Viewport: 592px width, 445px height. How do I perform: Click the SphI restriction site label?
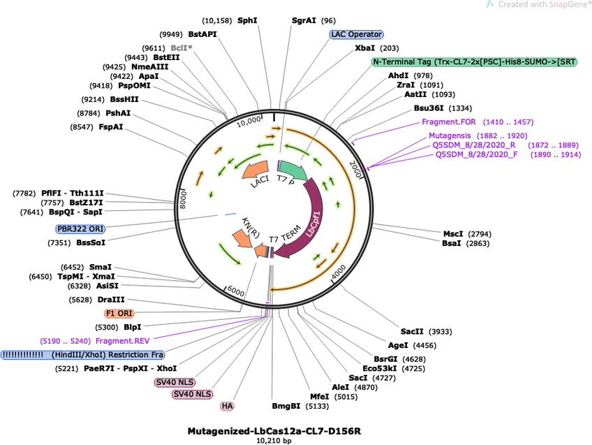[247, 20]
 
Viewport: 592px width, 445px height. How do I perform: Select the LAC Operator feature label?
[356, 34]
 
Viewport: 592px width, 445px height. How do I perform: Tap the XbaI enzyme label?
[364, 48]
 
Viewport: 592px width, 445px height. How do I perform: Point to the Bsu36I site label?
[429, 108]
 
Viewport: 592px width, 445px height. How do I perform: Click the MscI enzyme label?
[453, 233]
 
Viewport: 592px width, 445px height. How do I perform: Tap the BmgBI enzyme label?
[286, 406]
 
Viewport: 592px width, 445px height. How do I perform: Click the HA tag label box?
[227, 406]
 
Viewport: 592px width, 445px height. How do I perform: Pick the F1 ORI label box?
[120, 314]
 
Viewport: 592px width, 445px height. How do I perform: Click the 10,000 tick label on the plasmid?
[249, 123]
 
